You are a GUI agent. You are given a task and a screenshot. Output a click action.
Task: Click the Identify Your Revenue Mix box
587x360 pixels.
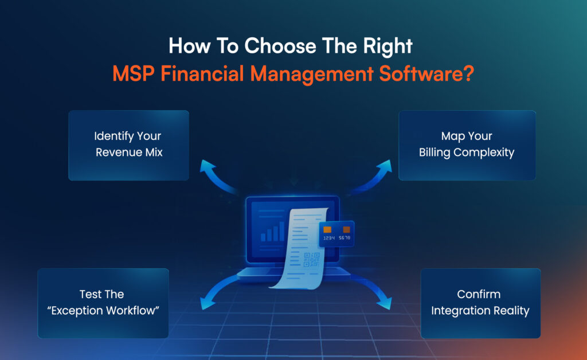tap(128, 145)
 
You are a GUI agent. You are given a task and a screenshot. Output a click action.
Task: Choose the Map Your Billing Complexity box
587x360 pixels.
tap(467, 145)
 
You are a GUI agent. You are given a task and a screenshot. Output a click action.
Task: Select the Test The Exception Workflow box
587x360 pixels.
tap(103, 303)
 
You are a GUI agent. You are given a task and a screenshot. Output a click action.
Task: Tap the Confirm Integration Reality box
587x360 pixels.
tap(480, 303)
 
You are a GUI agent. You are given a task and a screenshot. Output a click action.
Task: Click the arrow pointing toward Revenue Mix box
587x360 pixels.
tap(215, 175)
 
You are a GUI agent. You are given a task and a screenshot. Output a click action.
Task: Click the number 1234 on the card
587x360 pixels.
tap(328, 237)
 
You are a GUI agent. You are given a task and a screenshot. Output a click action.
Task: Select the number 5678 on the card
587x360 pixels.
tap(345, 237)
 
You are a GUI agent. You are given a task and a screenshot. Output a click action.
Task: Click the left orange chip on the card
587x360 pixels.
tap(327, 229)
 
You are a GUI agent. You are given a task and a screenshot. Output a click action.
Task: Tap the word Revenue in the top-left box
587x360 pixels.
tap(117, 152)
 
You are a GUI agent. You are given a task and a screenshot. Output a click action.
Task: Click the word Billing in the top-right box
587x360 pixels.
tap(436, 152)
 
